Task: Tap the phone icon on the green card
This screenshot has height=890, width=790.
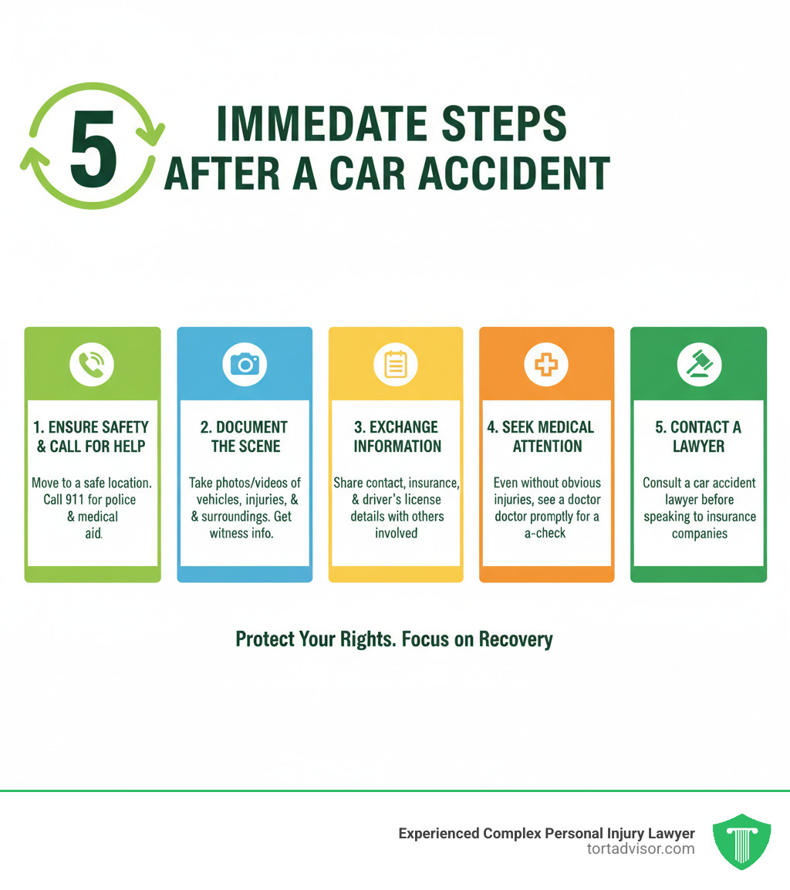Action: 92,363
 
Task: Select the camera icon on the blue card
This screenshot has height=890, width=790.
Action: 245,363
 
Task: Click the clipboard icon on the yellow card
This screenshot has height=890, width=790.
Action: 396,363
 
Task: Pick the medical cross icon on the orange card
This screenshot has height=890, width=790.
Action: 546,363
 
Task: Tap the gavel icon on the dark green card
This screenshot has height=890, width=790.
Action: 699,363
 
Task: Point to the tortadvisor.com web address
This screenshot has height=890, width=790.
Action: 640,849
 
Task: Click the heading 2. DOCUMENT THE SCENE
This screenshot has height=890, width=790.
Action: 245,437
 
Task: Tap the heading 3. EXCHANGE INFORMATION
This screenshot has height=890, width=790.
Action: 397,437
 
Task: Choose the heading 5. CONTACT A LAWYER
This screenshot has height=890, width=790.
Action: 699,437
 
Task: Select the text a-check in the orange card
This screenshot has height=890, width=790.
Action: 547,533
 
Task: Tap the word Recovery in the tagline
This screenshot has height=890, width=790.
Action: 515,639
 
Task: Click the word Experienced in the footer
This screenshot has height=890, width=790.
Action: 439,834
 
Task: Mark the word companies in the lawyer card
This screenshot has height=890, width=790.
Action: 699,533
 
